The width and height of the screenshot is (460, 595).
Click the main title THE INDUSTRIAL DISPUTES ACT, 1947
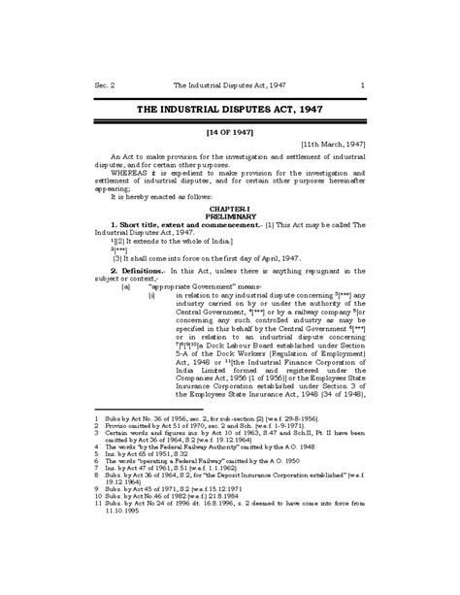click(229, 110)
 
